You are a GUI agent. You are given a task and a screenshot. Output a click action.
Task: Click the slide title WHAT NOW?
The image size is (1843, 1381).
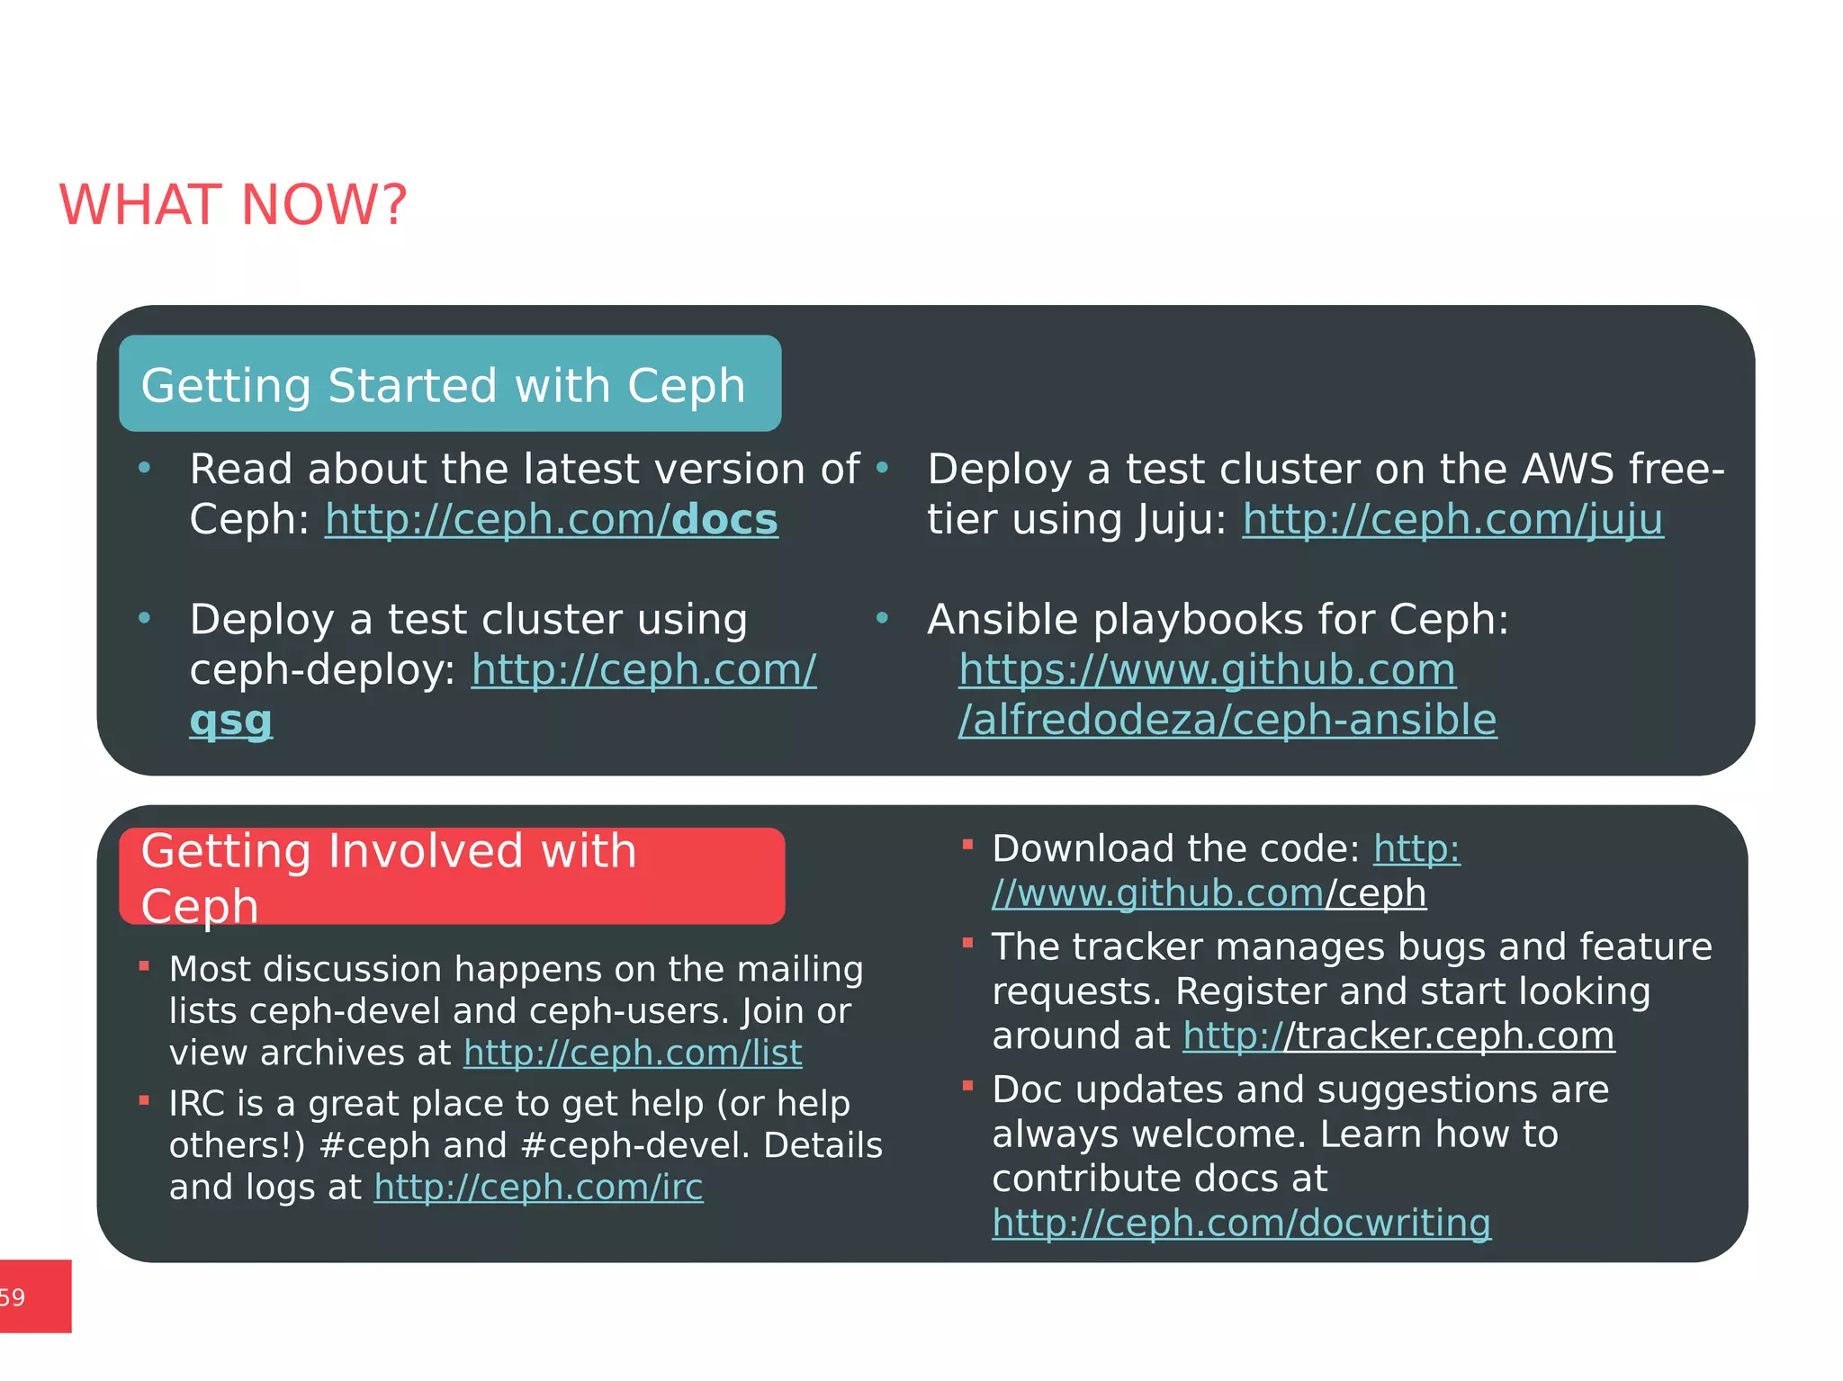[x=233, y=205]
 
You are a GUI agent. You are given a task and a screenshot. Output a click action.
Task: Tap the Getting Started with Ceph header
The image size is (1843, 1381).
[x=444, y=385]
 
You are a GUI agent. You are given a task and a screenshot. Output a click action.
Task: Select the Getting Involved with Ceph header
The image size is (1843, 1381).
[x=389, y=876]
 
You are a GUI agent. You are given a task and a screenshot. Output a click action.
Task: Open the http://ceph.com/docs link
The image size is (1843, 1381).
[x=551, y=520]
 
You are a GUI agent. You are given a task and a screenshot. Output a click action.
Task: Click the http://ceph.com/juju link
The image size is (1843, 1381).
[x=1452, y=520]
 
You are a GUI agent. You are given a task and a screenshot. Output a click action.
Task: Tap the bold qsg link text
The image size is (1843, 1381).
[x=230, y=721]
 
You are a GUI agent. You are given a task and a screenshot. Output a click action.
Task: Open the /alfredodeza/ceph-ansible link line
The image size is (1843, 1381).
[x=1227, y=721]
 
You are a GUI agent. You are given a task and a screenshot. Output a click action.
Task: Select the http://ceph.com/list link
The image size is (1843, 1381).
[x=633, y=1054]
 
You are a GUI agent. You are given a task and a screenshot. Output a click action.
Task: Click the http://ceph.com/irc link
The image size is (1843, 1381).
[x=538, y=1188]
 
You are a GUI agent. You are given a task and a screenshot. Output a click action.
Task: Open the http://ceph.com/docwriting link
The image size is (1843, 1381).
[x=1241, y=1224]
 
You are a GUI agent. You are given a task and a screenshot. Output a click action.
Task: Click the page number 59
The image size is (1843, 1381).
[x=13, y=1297]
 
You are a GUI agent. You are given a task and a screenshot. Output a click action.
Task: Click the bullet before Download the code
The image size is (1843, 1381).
[x=967, y=845]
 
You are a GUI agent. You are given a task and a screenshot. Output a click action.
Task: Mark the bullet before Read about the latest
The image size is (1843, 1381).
[x=144, y=467]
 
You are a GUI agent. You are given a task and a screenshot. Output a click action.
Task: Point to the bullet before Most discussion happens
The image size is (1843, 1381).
[x=144, y=966]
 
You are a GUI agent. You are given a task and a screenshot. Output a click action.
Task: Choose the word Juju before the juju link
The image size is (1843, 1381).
[x=1174, y=520]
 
